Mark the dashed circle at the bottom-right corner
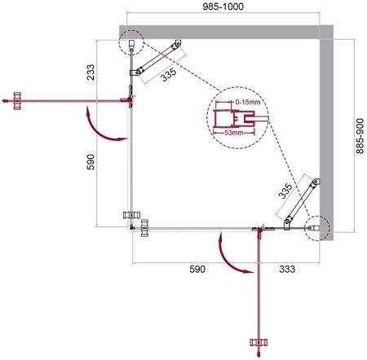[x=316, y=229]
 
